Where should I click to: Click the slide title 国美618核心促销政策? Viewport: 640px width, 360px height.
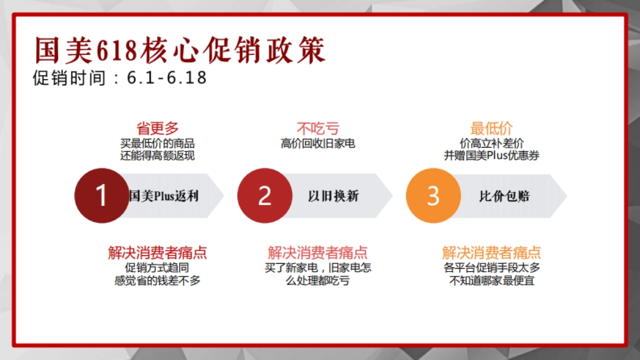[180, 50]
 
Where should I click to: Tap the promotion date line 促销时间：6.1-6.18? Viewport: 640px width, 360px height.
[119, 78]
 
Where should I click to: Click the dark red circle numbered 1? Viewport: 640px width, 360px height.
[101, 196]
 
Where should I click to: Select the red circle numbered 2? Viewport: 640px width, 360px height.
[265, 196]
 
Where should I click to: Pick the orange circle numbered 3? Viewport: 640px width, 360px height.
[433, 196]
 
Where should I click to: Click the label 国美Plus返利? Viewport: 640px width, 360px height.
[164, 196]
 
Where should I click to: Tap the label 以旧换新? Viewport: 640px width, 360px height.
[333, 196]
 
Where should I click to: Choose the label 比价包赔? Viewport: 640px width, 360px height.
[504, 196]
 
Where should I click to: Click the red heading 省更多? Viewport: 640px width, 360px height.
[157, 129]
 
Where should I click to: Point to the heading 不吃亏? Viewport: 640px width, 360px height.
[318, 129]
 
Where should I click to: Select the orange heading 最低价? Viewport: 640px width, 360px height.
[491, 129]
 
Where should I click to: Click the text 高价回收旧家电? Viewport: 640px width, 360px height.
[318, 143]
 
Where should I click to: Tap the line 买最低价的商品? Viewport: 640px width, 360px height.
[157, 143]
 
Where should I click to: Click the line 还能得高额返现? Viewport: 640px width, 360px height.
[157, 156]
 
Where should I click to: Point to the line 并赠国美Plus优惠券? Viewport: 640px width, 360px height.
[492, 156]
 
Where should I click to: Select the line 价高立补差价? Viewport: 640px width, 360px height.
[492, 143]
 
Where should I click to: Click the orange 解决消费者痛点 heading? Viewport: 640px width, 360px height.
[492, 252]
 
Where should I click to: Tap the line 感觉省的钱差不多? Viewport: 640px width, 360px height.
[157, 280]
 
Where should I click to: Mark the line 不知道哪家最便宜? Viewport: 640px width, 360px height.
[492, 280]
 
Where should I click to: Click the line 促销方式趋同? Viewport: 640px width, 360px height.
[157, 268]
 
